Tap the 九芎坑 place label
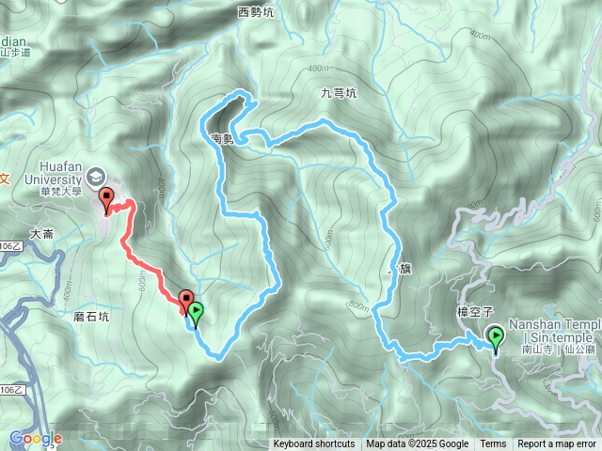point(339,93)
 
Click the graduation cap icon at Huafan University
point(96,176)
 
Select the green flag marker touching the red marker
point(196,312)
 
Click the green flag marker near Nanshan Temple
point(495,335)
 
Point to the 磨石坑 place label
point(90,317)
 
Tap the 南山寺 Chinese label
point(536,350)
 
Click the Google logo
point(35,439)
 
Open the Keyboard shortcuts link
point(314,444)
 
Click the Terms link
point(493,444)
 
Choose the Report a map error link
point(557,444)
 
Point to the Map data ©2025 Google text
point(418,444)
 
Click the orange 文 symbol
point(4,178)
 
